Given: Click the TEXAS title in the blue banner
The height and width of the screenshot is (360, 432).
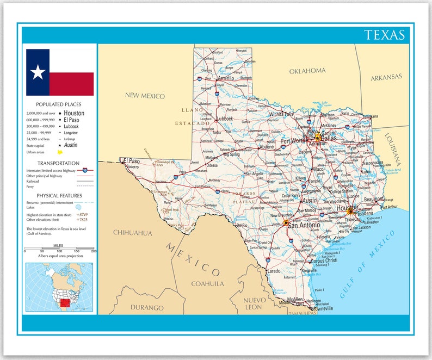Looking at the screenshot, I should coord(385,35).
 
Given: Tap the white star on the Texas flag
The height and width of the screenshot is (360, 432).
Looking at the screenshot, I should coord(38,72).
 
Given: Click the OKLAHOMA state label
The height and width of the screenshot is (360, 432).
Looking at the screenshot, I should coord(307,71).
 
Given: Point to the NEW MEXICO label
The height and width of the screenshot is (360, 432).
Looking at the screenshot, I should coord(145,96).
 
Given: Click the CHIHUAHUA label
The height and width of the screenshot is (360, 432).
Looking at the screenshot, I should coord(133,233).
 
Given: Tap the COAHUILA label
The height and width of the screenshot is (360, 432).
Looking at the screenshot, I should coord(207,283).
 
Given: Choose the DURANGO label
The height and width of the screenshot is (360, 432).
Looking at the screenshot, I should coord(147,308).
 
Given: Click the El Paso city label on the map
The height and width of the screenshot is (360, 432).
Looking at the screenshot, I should coord(132,160).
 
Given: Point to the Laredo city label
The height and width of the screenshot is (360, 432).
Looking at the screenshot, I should coord(273,270).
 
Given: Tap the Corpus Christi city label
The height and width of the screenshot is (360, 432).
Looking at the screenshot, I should coord(324,260).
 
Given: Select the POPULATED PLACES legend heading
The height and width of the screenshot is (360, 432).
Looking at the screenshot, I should coord(59,104).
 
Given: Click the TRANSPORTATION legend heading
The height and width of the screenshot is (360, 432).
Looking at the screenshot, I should coord(59,163).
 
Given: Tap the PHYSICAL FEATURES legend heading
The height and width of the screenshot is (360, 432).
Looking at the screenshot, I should coord(60,195).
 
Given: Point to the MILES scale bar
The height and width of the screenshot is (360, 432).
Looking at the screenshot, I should coord(59,251).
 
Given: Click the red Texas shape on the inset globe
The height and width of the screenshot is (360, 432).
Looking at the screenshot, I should coord(65,303).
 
